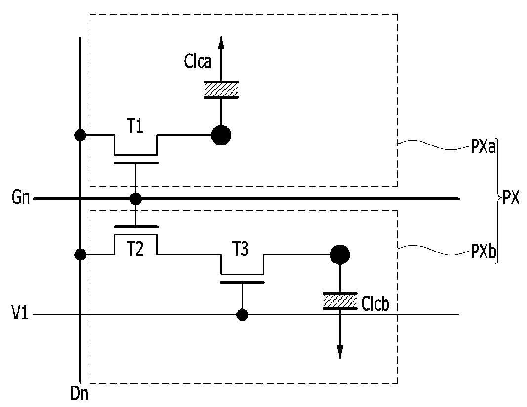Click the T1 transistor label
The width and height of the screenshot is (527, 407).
135,127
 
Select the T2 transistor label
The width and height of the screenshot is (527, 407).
135,249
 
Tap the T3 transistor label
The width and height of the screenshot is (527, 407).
241,249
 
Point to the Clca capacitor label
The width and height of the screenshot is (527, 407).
198,62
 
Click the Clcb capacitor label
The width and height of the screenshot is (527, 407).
375,303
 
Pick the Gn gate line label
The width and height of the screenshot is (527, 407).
21,197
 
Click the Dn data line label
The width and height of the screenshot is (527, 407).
80,393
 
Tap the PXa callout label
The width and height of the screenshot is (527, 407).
483,147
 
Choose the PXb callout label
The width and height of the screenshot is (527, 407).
484,251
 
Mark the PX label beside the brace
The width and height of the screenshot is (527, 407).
511,197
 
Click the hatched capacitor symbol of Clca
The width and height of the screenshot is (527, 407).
221,90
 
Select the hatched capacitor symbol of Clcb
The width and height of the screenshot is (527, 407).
340,300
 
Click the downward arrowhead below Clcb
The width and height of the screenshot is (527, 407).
340,352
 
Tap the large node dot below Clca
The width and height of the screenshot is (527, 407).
221,135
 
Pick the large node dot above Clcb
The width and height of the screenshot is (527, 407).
340,255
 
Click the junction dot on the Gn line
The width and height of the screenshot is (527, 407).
135,199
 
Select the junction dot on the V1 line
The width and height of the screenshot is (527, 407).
242,315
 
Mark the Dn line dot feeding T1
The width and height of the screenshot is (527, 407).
80,135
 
